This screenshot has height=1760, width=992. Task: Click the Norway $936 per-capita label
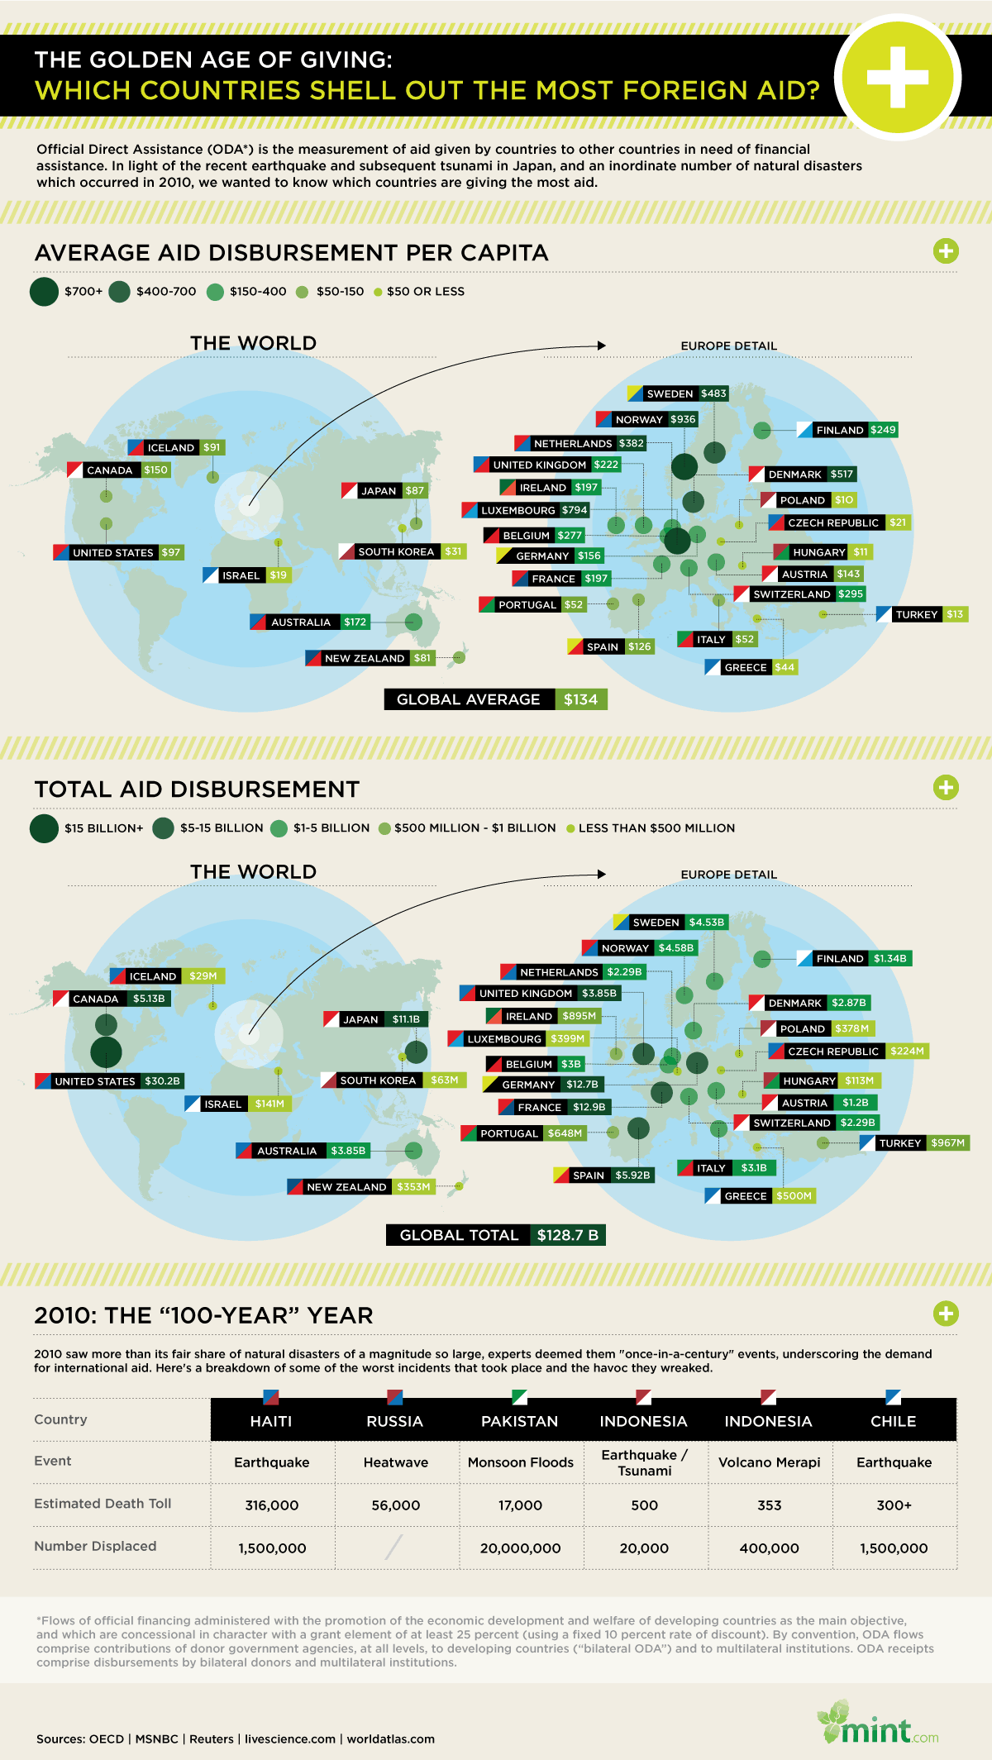coord(647,419)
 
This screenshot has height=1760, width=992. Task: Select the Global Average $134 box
coord(496,699)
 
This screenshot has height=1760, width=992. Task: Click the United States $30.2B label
coord(109,1080)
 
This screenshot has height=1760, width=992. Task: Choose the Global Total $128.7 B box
coord(496,1235)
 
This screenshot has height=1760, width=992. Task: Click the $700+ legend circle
coord(44,292)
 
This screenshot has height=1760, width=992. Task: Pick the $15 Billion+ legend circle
coord(44,828)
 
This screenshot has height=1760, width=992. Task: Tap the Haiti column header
coord(271,1421)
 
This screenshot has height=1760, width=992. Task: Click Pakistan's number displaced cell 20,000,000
coord(520,1548)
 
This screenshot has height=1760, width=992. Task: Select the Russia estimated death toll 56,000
coord(396,1505)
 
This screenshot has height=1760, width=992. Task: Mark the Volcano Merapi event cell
coord(769,1462)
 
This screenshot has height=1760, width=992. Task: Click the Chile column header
coord(893,1421)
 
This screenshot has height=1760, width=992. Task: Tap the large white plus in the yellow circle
coord(898,77)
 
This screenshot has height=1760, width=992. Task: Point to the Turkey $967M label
coord(914,1142)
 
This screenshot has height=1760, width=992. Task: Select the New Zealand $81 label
coord(370,658)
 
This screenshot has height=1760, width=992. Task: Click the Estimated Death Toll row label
coord(103,1503)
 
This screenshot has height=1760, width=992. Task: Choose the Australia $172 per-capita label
coord(310,622)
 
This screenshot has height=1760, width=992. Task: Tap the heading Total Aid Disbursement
coord(197,789)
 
